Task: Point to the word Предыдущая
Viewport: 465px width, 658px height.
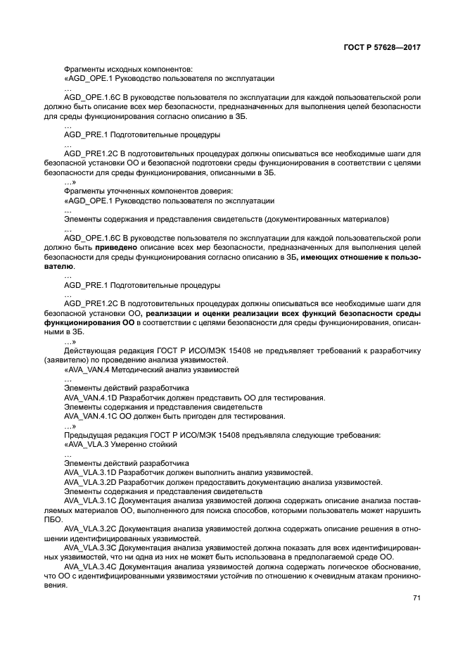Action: [87, 435]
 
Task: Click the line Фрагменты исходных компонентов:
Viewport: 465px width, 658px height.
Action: [127, 70]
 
